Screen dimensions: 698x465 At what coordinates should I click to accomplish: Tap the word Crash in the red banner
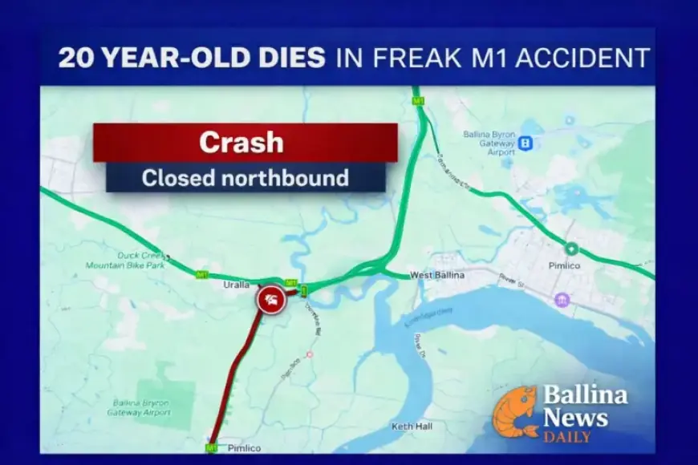pyautogui.click(x=241, y=142)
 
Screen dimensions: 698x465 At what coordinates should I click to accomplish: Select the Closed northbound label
pyautogui.click(x=245, y=177)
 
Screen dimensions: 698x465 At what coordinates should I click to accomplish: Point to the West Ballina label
pyautogui.click(x=433, y=276)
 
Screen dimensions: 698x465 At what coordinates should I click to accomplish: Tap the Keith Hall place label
pyautogui.click(x=413, y=427)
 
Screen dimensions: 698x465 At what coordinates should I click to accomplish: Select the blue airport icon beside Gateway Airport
pyautogui.click(x=526, y=144)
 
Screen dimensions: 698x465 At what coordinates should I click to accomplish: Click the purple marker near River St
pyautogui.click(x=562, y=300)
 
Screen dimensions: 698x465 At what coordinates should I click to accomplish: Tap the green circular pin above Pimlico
pyautogui.click(x=571, y=249)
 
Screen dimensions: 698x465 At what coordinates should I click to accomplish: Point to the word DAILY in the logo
pyautogui.click(x=567, y=437)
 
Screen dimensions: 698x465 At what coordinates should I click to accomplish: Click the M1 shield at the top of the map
pyautogui.click(x=418, y=101)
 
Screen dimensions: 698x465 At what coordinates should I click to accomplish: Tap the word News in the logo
pyautogui.click(x=576, y=417)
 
